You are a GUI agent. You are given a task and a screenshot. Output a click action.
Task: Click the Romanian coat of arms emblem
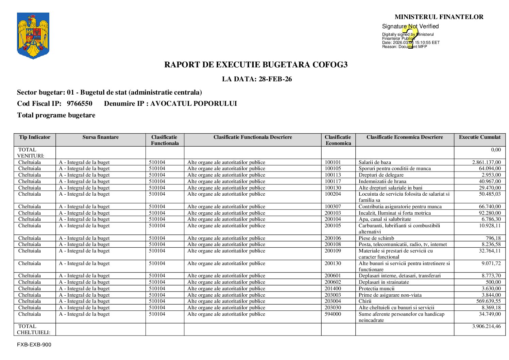click(33, 36)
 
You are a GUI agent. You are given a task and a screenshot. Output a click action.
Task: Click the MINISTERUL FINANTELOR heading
click(439, 17)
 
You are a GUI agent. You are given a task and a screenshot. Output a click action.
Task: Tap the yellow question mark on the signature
click(411, 37)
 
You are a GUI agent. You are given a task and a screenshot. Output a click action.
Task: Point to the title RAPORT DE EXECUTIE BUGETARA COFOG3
click(256, 65)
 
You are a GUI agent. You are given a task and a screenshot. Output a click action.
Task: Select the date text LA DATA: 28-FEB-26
click(257, 79)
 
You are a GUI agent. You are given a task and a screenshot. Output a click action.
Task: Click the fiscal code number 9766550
click(80, 104)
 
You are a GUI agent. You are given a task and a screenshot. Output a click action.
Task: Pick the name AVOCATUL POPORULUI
click(193, 104)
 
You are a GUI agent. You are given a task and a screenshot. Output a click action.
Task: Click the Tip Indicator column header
click(35, 137)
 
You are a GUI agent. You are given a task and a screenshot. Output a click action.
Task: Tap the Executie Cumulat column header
click(479, 137)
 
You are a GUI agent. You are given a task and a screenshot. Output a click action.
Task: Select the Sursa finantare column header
click(100, 137)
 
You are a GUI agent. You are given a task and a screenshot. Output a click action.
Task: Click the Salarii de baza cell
click(375, 162)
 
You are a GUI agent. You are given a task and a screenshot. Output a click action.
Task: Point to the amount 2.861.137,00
click(486, 162)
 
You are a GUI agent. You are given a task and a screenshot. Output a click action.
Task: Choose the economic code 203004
click(333, 301)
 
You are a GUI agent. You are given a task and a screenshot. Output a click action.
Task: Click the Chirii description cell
click(365, 301)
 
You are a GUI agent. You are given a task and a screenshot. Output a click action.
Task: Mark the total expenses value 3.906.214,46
click(486, 326)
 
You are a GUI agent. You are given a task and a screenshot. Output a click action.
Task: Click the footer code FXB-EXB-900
click(34, 345)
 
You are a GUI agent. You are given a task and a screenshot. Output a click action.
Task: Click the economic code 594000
click(333, 314)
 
